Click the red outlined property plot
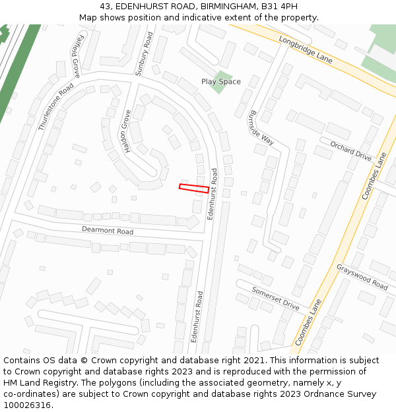pyautogui.click(x=194, y=188)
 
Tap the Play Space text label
pyautogui.click(x=221, y=82)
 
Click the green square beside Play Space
pyautogui.click(x=224, y=81)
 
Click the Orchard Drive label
pyautogui.click(x=351, y=151)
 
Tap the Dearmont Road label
pyautogui.click(x=108, y=231)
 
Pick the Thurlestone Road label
pyautogui.click(x=56, y=107)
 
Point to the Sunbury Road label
pyautogui.click(x=144, y=54)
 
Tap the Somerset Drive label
pyautogui.click(x=275, y=298)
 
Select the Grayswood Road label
pyautogui.click(x=362, y=277)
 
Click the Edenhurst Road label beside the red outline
pyautogui.click(x=213, y=193)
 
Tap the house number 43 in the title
pyautogui.click(x=88, y=7)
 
